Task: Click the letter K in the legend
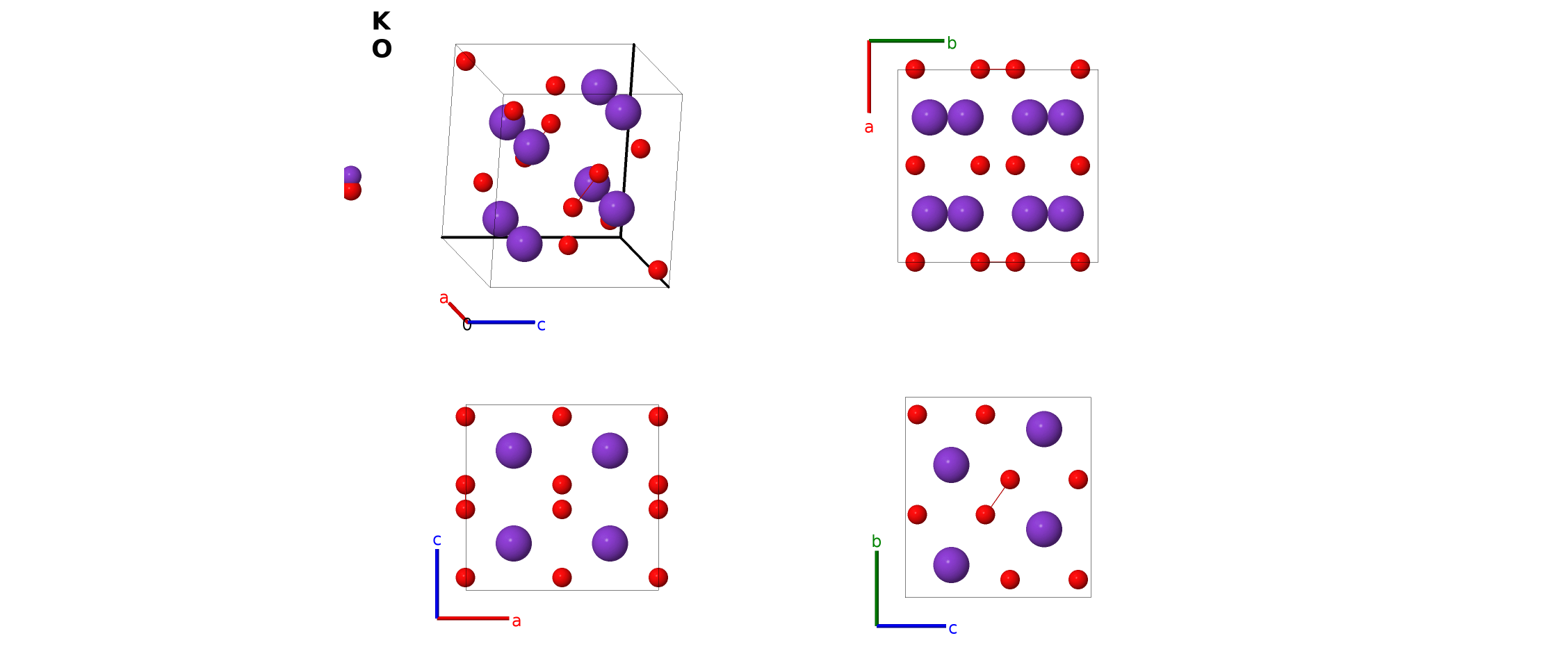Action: [x=381, y=22]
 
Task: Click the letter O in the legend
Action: [x=382, y=49]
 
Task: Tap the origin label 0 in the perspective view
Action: [x=466, y=325]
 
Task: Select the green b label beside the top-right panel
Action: [x=952, y=43]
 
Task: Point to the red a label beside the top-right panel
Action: [x=868, y=127]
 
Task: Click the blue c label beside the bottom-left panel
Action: [x=437, y=540]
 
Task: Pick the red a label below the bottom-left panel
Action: [x=516, y=621]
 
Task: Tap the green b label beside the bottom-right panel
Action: [x=876, y=541]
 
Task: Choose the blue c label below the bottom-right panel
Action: [x=952, y=629]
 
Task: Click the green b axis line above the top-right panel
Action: [x=907, y=41]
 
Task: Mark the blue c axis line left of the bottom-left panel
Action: [x=437, y=584]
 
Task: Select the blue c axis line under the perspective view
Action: [x=501, y=322]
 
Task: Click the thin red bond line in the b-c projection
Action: [x=998, y=497]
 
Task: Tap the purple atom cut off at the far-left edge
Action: [x=352, y=175]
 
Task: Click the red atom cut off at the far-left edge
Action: [x=352, y=191]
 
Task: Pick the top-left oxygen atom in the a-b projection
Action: [x=915, y=69]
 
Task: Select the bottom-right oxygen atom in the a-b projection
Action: [x=1080, y=262]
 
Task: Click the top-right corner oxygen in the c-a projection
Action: [x=658, y=417]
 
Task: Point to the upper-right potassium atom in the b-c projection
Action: [x=1043, y=429]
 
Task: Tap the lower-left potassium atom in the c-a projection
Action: [x=513, y=543]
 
